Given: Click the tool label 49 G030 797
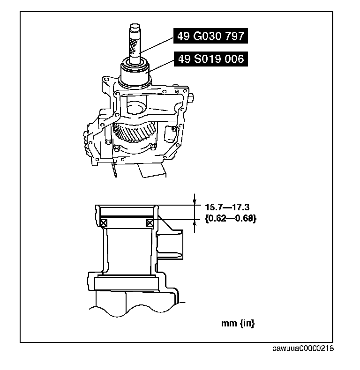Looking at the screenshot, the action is [210, 36].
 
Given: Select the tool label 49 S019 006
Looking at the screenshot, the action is [211, 59].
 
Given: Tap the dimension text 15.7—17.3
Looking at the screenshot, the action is [227, 207].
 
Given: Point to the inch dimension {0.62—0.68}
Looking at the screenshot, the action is [231, 219].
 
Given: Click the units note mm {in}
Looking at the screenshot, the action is [238, 324].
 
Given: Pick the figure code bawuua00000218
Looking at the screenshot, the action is [303, 348].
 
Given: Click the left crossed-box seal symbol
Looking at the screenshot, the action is [104, 223].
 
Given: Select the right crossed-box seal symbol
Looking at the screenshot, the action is [150, 223].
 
